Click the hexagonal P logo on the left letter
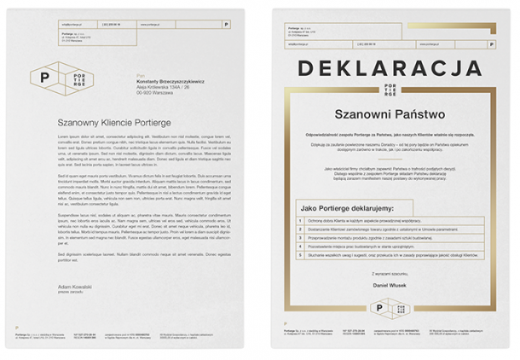tap(45, 76)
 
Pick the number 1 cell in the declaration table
tap(300, 220)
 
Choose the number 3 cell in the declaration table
tap(300, 236)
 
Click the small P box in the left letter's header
tap(226, 25)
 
